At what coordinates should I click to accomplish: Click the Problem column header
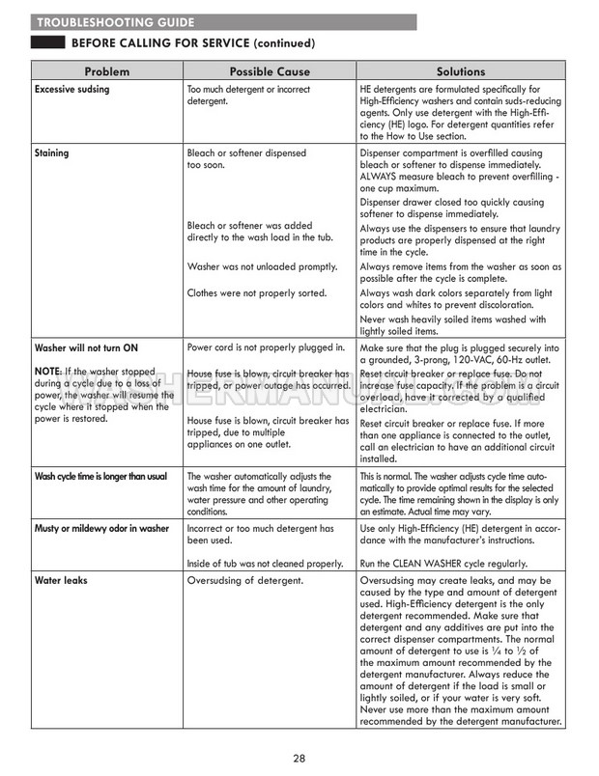[106, 71]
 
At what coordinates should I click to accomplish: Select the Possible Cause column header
[268, 71]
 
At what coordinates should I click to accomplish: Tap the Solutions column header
[460, 71]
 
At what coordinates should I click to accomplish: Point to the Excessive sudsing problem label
[71, 90]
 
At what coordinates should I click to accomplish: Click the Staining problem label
[51, 152]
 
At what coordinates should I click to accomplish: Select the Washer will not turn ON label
[86, 347]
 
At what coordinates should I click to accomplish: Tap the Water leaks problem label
[62, 581]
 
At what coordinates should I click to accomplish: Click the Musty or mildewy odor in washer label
[100, 529]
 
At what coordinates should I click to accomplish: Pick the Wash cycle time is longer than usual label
[100, 477]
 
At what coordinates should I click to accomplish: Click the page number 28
[299, 759]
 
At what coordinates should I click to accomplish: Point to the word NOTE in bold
[47, 373]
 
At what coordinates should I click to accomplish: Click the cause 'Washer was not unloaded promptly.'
[261, 266]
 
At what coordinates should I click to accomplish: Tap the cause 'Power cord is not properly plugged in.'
[266, 347]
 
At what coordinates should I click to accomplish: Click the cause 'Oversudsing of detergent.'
[245, 581]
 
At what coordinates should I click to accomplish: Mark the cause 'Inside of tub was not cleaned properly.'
[265, 563]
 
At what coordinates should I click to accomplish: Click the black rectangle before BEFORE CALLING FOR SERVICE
[47, 43]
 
